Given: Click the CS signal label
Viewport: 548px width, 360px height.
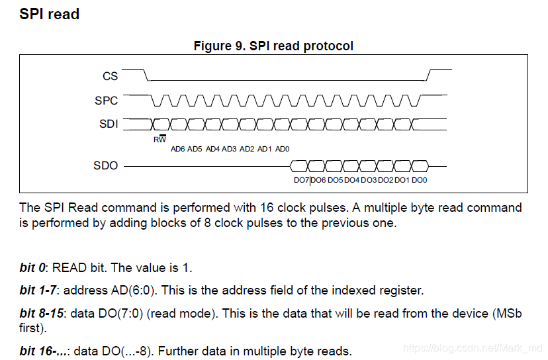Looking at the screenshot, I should pos(110,76).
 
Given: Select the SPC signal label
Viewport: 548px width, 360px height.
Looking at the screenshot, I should pos(107,101).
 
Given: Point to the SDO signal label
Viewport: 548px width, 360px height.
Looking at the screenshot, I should pos(106,165).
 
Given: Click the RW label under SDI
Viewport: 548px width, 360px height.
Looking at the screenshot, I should pos(160,139).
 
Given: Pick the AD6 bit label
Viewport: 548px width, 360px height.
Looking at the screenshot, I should pos(177,149).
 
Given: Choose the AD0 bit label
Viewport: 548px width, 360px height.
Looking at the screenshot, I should pos(282,149).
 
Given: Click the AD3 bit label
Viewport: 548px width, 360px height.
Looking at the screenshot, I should pos(230,149).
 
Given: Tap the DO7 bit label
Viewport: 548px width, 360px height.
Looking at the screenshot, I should pos(301,180).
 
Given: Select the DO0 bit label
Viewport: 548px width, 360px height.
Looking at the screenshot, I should pos(420,180).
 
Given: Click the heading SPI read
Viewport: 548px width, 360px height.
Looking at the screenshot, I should pos(50,14).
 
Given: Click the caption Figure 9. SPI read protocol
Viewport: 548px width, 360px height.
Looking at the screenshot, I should pos(273,46).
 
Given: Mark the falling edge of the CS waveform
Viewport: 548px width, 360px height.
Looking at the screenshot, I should pos(147,74).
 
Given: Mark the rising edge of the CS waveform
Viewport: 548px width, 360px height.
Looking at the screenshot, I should pos(429,74).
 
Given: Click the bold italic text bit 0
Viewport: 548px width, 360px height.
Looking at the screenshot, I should pos(33,268).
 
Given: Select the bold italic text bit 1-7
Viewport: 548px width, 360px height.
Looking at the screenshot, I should pos(39,290).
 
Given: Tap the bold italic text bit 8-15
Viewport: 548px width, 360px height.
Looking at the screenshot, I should pos(42,312).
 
